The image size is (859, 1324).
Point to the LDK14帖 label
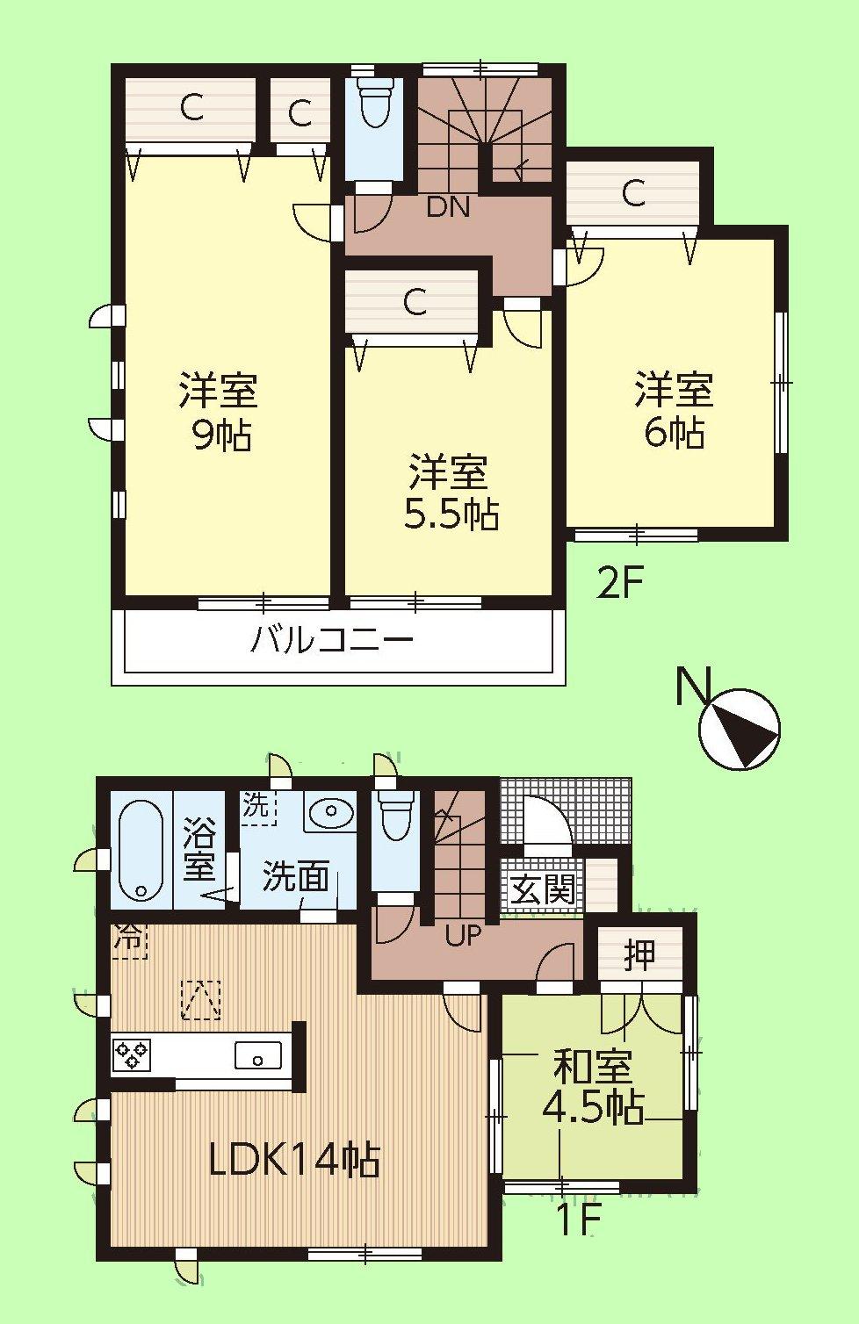[x=294, y=1160]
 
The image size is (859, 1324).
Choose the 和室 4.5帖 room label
[x=593, y=1088]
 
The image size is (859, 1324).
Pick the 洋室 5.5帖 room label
[x=450, y=493]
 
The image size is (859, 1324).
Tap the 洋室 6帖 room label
[x=675, y=410]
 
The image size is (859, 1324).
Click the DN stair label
[x=448, y=208]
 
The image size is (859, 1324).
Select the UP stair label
[x=463, y=936]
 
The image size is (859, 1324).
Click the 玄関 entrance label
[x=543, y=890]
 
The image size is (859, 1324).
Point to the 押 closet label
[x=639, y=954]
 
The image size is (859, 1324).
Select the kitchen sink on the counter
[x=258, y=1054]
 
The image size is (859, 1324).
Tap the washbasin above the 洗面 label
[x=332, y=812]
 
